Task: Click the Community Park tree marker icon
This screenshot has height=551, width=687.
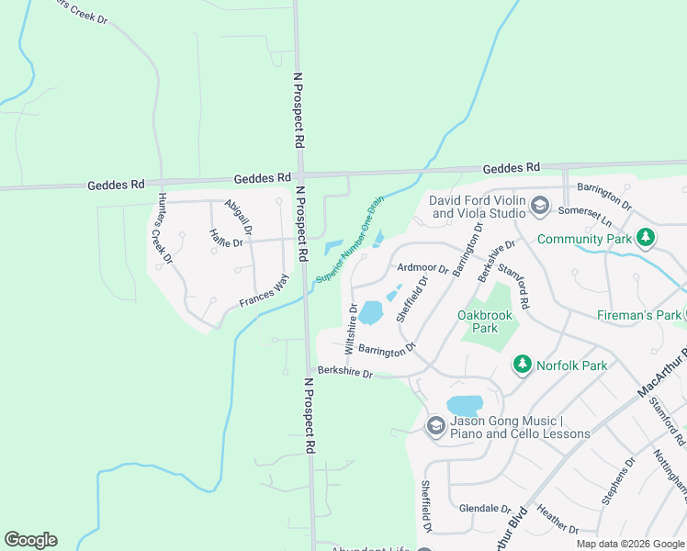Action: tap(647, 238)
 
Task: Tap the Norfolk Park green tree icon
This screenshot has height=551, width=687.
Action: tap(523, 365)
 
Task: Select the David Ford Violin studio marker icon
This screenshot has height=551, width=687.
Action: tap(539, 206)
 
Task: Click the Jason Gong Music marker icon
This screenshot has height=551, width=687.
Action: tap(435, 425)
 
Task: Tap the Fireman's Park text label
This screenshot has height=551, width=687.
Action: tap(636, 315)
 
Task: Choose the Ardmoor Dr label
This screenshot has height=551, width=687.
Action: tap(422, 269)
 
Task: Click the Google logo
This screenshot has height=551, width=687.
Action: tap(30, 540)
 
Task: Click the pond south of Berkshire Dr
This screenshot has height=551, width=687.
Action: tap(465, 405)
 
